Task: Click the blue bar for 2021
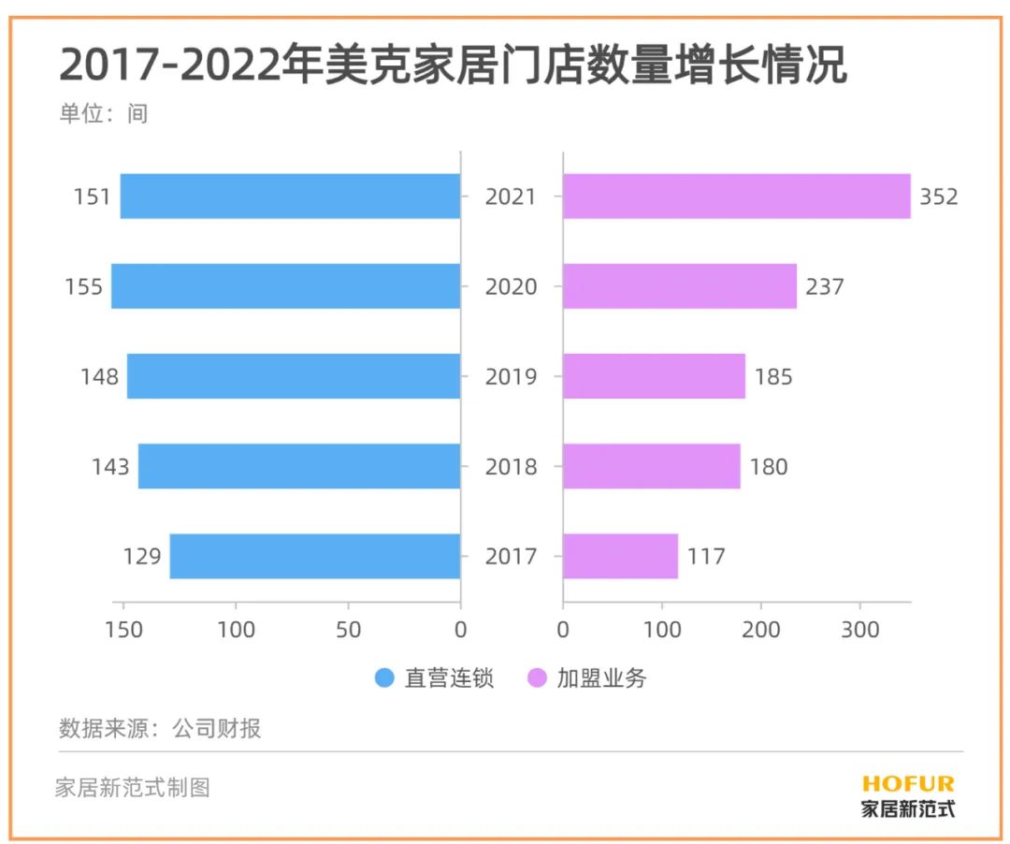290,196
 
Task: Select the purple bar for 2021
736,196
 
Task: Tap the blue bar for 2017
315,556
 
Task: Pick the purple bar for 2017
620,556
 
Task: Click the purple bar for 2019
654,376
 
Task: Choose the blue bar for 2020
286,286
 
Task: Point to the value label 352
938,197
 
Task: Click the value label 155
83,287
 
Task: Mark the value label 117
705,557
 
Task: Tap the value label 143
110,467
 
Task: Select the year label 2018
511,467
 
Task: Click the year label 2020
511,287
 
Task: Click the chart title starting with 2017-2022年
453,65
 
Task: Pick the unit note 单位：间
104,114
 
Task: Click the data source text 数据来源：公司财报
160,729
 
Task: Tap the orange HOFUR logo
907,784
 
